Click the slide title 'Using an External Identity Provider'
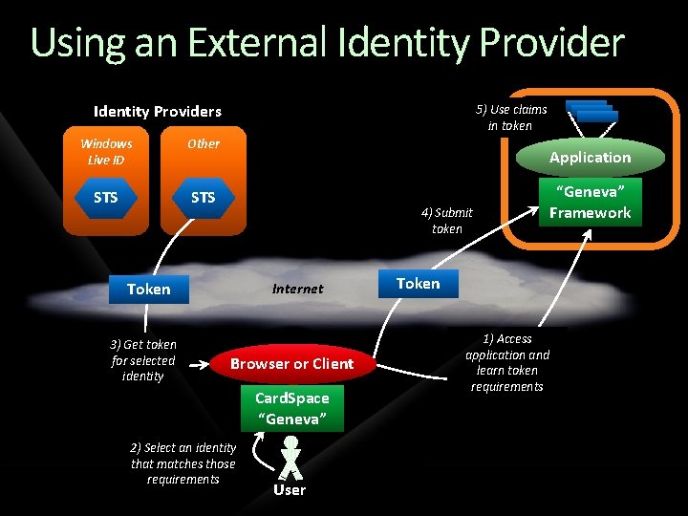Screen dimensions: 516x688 coord(327,43)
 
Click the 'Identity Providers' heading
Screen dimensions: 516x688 coord(157,111)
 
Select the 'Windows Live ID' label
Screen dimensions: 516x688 coord(106,151)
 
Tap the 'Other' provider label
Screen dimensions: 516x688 coord(203,143)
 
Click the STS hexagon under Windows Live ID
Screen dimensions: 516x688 coord(106,198)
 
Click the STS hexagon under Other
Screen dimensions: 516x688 coord(203,198)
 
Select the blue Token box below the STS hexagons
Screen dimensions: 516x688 coord(148,289)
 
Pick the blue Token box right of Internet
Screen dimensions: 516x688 coord(418,283)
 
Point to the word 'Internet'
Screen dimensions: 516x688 coord(297,289)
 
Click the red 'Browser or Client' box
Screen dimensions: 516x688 coord(291,363)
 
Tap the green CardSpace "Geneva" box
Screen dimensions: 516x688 coord(291,409)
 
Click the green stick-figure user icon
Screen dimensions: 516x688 coord(290,458)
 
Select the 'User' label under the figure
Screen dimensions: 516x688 coord(290,490)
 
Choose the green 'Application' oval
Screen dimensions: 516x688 coord(590,158)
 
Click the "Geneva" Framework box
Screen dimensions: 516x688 coord(590,203)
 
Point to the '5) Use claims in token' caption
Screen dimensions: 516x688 coord(510,118)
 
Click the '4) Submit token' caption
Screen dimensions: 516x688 coord(446,221)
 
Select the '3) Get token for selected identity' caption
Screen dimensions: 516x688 coord(143,360)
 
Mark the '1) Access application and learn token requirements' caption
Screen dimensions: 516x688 coord(507,362)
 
